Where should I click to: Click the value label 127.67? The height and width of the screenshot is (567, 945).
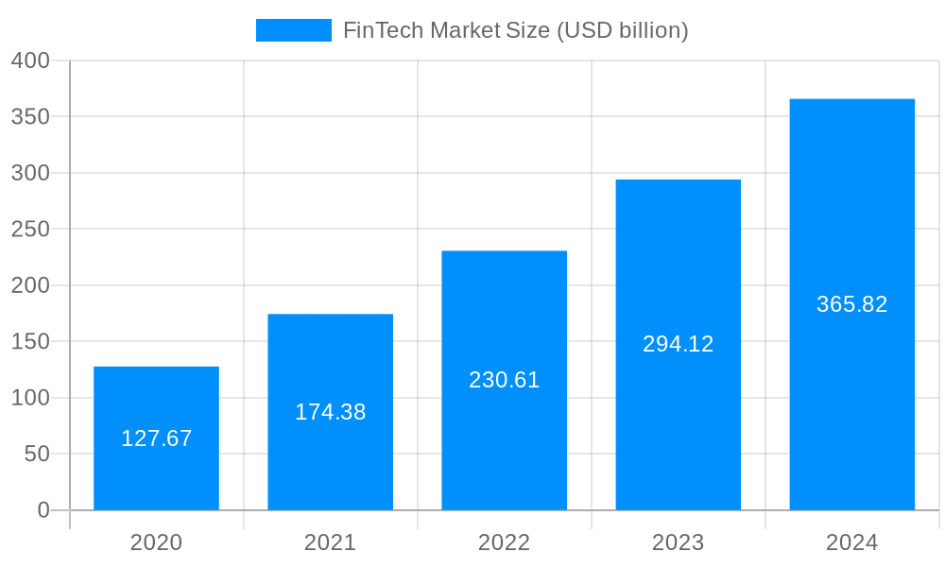point(156,438)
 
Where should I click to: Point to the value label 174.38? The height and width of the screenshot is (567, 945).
point(330,412)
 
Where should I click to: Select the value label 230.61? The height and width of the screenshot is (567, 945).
point(504,380)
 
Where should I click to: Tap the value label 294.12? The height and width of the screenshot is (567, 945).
point(678,344)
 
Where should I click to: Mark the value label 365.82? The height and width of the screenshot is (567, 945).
point(851,304)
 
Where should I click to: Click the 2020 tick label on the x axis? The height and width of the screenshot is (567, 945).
point(156,542)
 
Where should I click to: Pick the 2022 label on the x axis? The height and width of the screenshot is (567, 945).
point(504,542)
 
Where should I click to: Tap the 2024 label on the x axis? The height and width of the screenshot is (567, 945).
point(851,542)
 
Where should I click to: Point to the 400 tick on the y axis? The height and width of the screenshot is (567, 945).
point(30,60)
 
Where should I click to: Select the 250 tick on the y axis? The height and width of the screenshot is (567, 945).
point(30,229)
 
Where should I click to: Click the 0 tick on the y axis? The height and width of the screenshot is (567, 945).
point(43,510)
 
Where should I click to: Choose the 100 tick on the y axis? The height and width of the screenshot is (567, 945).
point(30,398)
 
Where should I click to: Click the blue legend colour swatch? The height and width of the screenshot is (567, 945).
point(293,30)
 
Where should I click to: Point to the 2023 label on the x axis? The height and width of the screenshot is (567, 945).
point(678,542)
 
